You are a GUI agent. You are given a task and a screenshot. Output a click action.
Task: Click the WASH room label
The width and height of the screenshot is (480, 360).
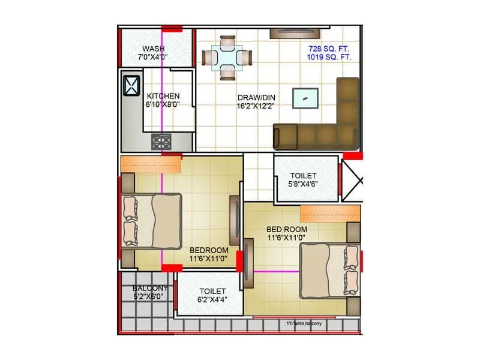[154, 49]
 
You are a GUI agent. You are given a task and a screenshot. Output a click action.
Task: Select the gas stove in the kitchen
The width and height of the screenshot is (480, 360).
[161, 142]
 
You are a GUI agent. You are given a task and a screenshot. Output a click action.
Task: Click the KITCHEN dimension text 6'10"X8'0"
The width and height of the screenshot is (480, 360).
[163, 104]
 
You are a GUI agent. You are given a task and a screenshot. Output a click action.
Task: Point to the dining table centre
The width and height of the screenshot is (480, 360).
[227, 58]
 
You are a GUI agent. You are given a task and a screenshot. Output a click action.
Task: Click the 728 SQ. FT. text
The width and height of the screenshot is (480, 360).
[329, 48]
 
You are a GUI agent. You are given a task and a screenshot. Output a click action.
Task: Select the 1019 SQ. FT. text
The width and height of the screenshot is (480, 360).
[329, 57]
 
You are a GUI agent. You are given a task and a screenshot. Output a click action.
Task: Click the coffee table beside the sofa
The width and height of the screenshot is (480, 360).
[305, 98]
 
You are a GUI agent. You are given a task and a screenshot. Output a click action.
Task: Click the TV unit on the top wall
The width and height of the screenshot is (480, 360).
[298, 33]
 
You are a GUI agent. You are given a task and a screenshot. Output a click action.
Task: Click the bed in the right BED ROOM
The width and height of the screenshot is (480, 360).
[329, 270]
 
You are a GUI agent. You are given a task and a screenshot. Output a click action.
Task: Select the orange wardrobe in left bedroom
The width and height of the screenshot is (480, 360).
[151, 164]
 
